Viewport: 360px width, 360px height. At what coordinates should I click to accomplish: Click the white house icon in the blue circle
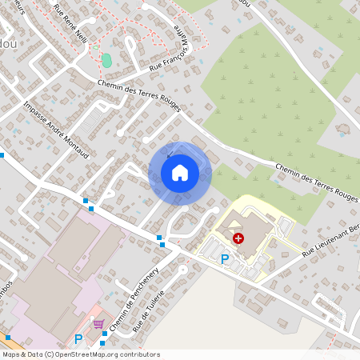[180, 172]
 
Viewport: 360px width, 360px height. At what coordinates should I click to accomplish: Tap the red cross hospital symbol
[238, 238]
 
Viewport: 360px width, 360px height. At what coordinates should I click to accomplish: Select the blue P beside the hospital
[225, 258]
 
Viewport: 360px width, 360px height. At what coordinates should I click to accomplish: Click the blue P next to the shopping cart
[78, 338]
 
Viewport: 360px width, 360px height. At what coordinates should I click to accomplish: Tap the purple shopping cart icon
[99, 324]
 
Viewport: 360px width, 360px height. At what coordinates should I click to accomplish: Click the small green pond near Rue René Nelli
[106, 60]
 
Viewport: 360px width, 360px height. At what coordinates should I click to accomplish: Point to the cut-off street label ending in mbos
[5, 286]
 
